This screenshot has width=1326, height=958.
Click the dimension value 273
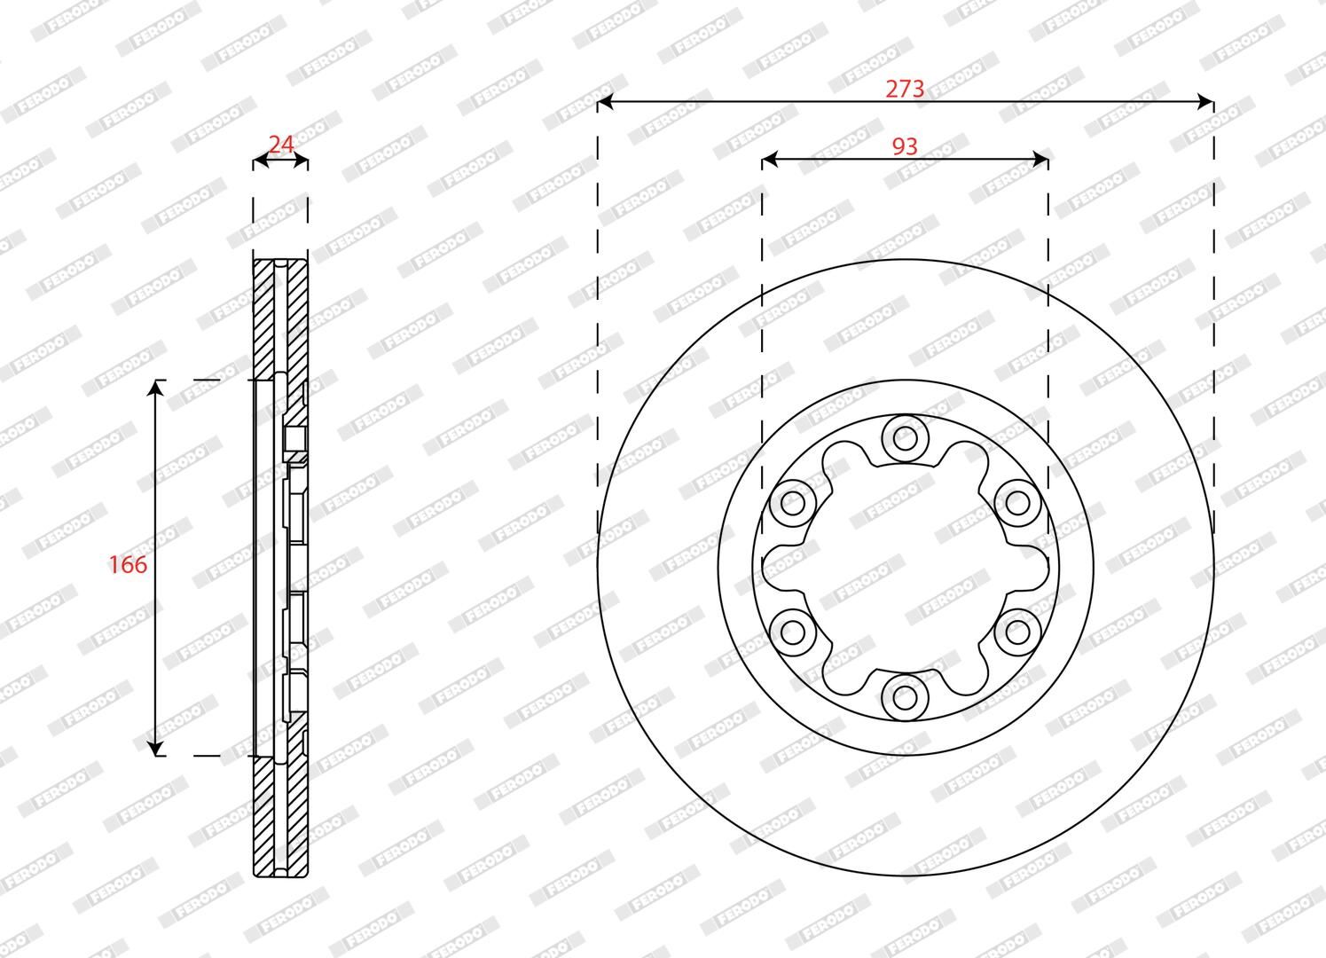[x=905, y=89]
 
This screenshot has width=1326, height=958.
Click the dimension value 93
[x=905, y=146]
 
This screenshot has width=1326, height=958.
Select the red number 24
[x=281, y=145]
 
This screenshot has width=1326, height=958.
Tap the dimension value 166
[x=128, y=565]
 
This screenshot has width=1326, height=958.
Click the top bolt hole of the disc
[x=905, y=439]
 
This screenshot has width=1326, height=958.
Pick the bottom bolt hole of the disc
[x=905, y=697]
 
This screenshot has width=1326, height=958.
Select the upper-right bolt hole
[x=1017, y=504]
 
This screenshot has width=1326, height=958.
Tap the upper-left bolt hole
[x=793, y=504]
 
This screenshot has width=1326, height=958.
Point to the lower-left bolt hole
[x=793, y=632]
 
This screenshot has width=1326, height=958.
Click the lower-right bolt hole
[x=1017, y=632]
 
